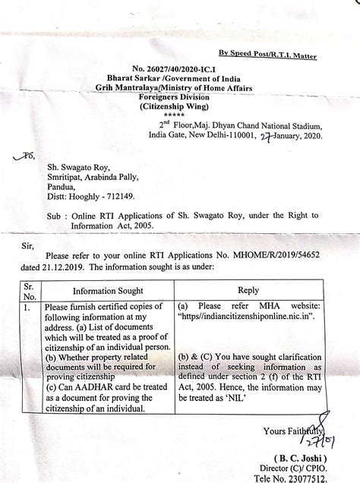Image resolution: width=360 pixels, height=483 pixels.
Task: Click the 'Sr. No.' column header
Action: [x=29, y=290]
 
